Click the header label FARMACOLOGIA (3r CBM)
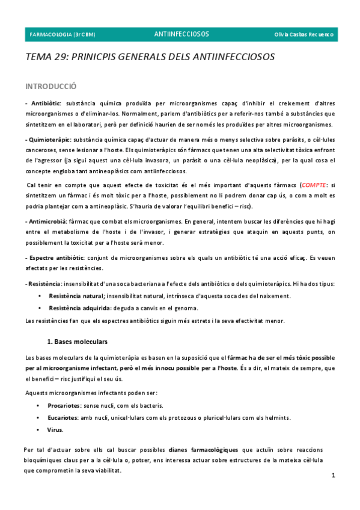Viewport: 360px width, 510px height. point(63,34)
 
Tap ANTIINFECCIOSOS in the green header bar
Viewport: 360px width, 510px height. point(182,34)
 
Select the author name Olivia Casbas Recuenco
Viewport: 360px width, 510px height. point(304,34)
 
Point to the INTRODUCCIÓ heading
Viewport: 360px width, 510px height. point(50,87)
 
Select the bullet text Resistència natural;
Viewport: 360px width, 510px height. point(77,296)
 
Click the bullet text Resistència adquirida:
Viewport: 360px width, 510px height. point(80,307)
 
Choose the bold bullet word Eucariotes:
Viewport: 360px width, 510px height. point(64,401)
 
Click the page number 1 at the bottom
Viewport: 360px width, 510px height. point(333,476)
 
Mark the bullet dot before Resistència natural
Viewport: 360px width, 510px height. point(39,296)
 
